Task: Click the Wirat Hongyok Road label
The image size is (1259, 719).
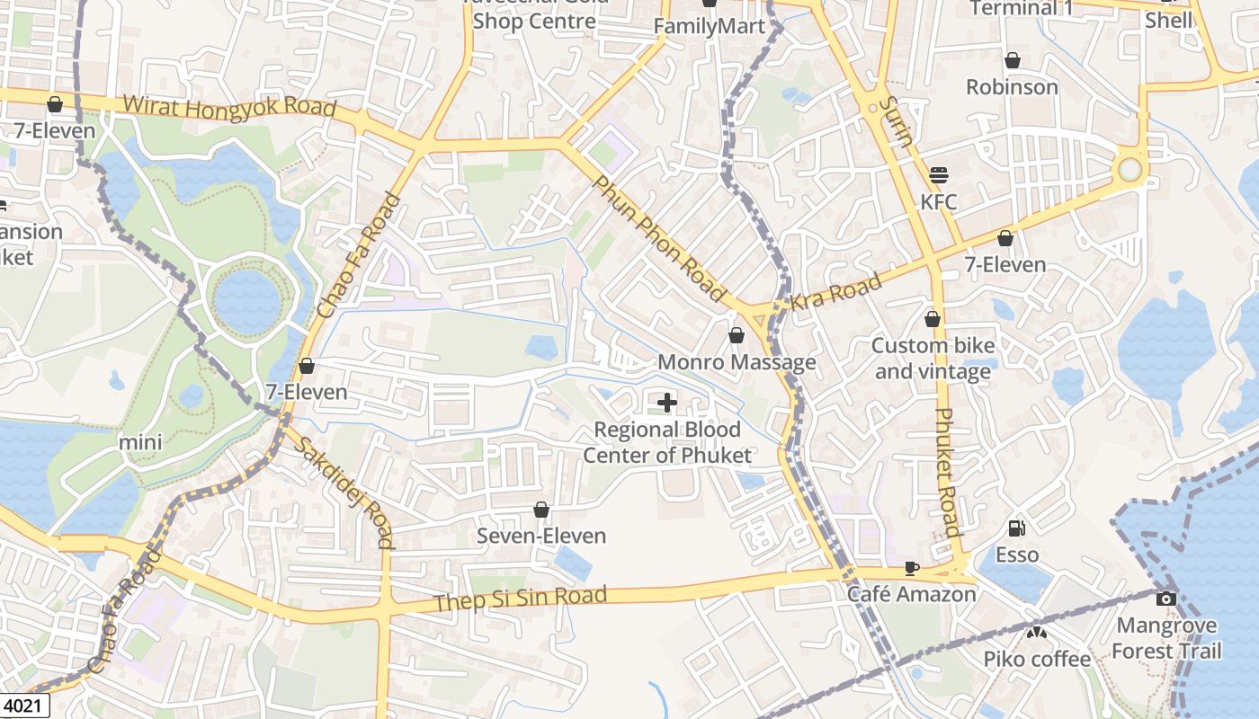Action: [x=229, y=107]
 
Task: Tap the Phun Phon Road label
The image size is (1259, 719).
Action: [x=659, y=238]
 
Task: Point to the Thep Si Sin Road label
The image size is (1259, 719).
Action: [x=520, y=598]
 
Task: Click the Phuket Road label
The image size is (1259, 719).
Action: [x=948, y=472]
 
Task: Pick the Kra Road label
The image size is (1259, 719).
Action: [x=835, y=293]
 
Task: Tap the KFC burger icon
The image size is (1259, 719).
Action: [x=939, y=174]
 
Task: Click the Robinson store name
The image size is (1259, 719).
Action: [x=1012, y=87]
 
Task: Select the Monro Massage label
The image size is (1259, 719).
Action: [x=737, y=362]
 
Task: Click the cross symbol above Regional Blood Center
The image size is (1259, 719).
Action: [x=667, y=402]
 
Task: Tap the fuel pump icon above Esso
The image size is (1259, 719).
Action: [x=1017, y=528]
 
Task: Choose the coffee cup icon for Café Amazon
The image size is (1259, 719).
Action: [x=911, y=568]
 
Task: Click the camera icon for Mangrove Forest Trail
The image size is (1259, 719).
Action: [x=1166, y=599]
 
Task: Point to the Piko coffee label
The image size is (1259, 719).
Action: [x=1037, y=659]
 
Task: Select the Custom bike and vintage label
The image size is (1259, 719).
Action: [x=933, y=358]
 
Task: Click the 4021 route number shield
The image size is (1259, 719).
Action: [x=23, y=706]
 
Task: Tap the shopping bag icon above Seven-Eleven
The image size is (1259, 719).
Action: [x=541, y=510]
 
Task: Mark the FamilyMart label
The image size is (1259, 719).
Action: [x=709, y=26]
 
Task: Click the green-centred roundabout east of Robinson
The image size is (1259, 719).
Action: [x=1129, y=170]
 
